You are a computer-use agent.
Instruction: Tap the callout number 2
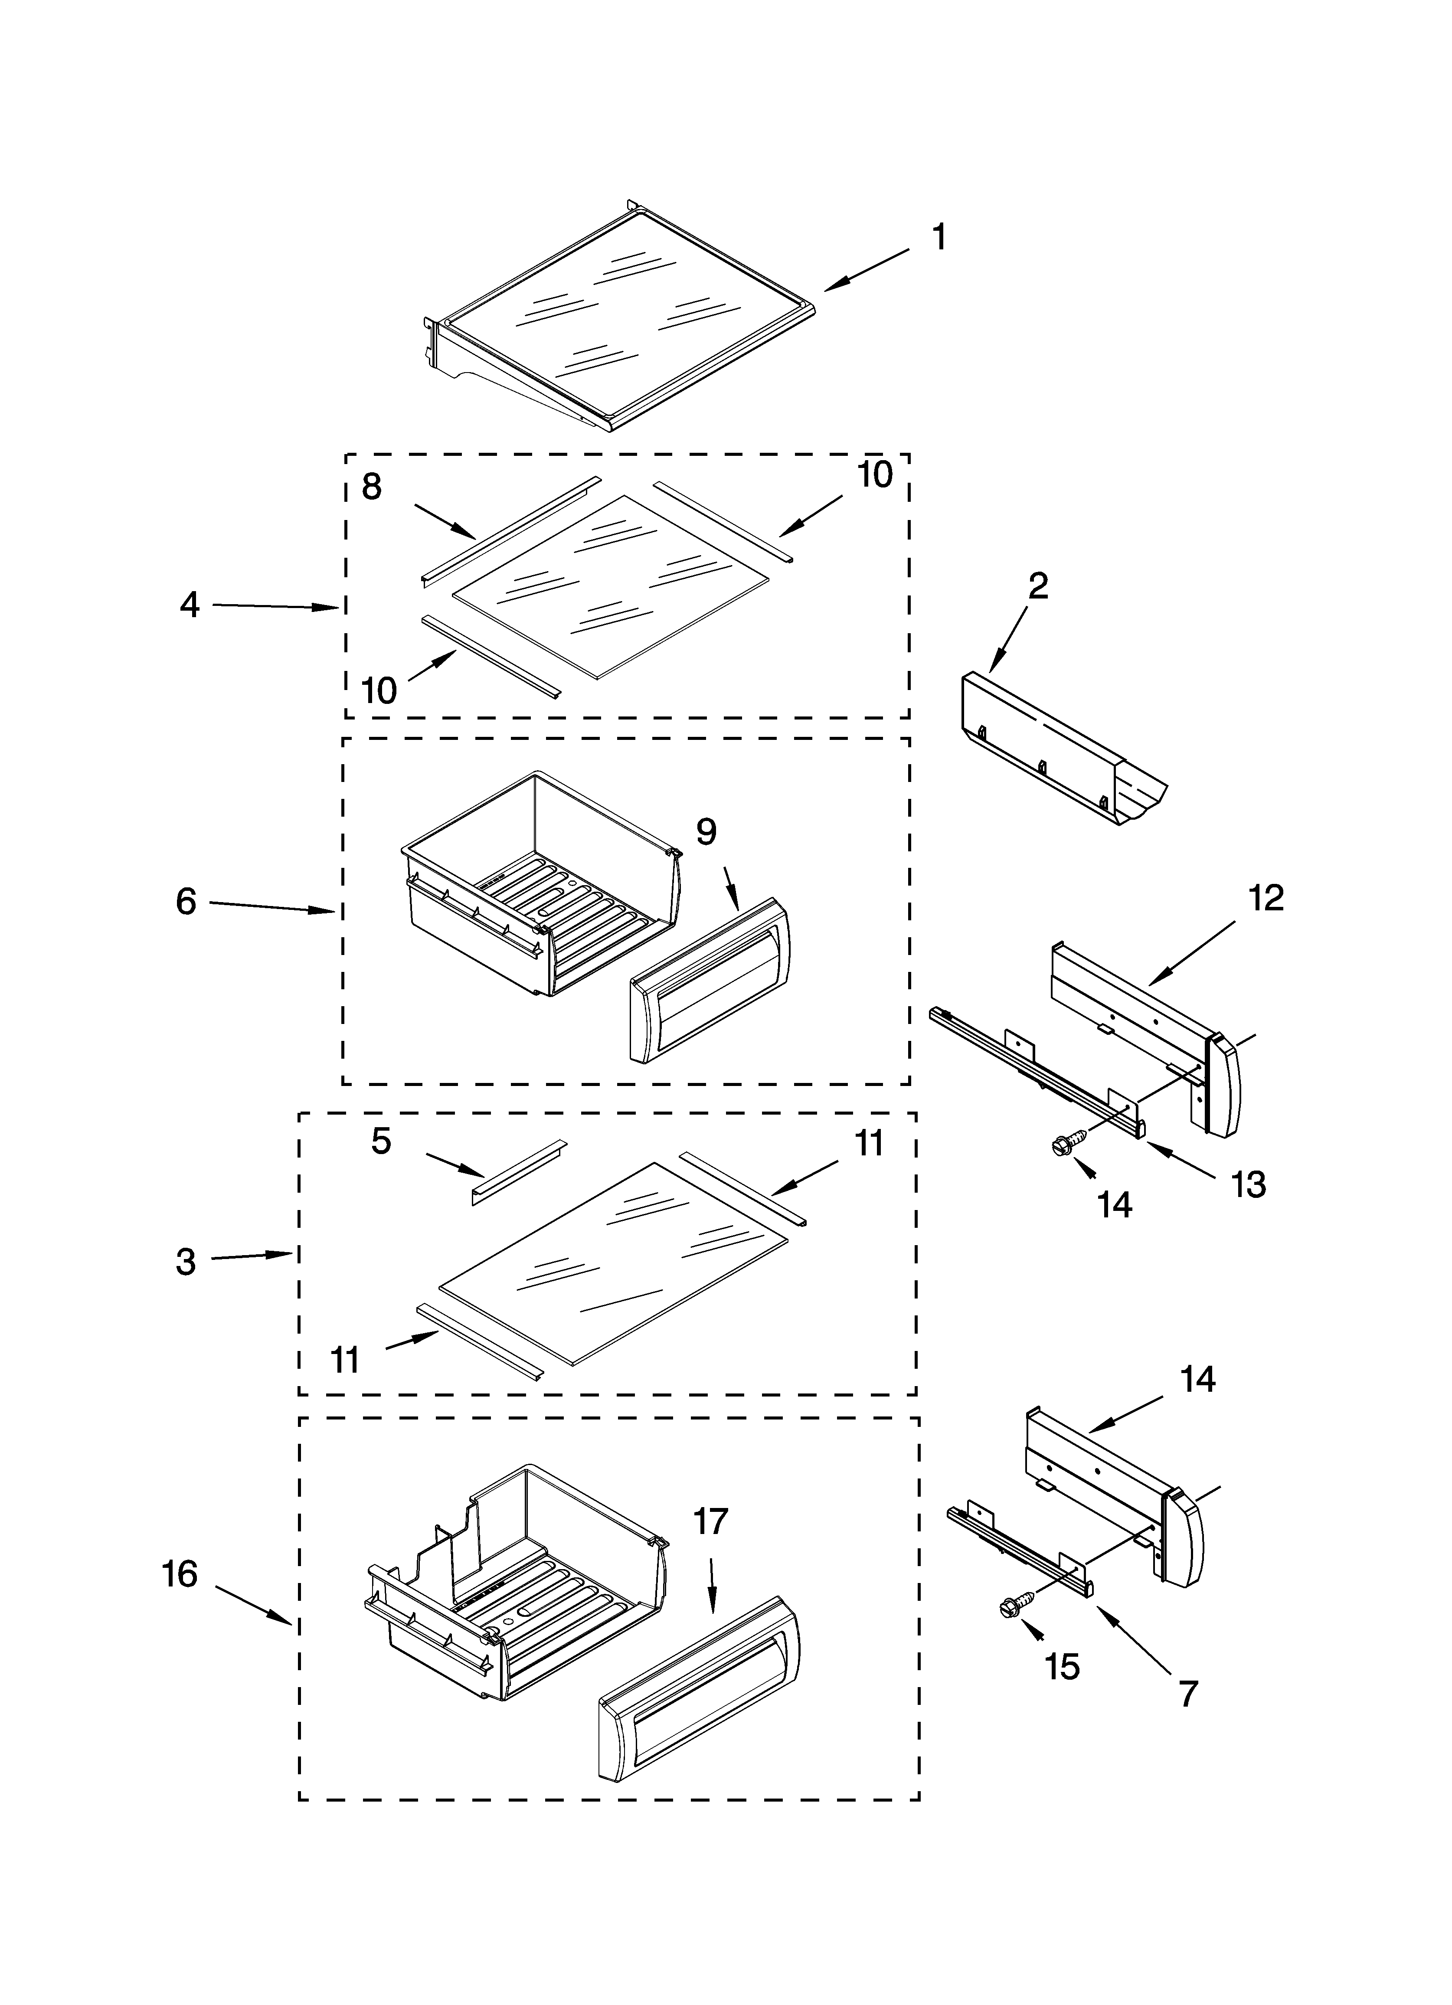pos(1038,586)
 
